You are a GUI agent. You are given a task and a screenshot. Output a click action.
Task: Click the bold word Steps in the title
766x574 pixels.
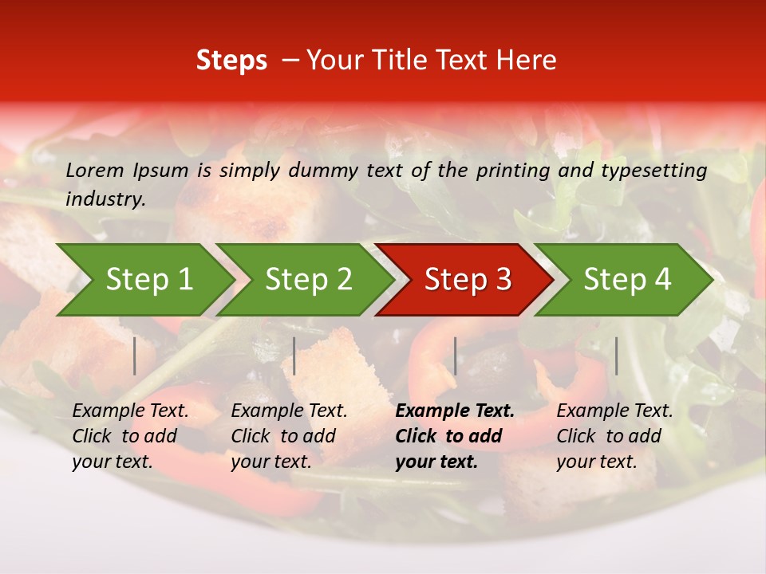coord(231,61)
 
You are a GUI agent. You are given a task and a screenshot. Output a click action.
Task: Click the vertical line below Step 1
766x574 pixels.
coord(135,356)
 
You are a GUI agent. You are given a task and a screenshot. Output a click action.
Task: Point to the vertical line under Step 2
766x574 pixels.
coord(294,356)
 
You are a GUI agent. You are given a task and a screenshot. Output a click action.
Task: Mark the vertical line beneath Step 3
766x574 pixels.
coord(455,356)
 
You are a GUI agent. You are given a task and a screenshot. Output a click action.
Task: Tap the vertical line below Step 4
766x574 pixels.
coord(616,356)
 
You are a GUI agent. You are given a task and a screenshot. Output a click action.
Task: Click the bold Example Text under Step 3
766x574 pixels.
coord(455,411)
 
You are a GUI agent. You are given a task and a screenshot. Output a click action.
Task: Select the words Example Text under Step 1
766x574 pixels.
coord(130,411)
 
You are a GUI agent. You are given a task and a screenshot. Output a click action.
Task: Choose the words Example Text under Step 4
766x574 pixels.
coord(614,411)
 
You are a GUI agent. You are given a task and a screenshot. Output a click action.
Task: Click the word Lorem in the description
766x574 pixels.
coord(95,170)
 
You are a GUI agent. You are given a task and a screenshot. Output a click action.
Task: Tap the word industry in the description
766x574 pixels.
coord(105,199)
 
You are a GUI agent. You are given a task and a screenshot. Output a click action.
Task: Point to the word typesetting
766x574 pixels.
coord(653,170)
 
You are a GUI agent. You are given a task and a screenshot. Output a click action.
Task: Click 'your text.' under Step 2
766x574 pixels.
coord(270,462)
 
